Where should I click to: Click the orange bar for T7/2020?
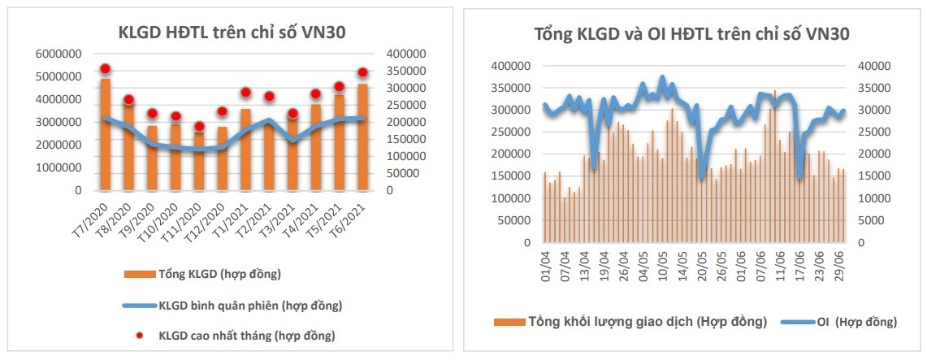pyautogui.click(x=106, y=135)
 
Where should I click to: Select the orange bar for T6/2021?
pyautogui.click(x=363, y=137)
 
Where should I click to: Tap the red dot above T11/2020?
pyautogui.click(x=199, y=126)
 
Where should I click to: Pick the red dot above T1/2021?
pyautogui.click(x=246, y=93)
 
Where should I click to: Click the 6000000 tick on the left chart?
pyautogui.click(x=60, y=54)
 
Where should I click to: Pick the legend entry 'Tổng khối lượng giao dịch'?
pyautogui.click(x=646, y=321)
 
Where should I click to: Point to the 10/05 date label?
pyautogui.click(x=662, y=262)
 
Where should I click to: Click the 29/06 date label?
pyautogui.click(x=841, y=262)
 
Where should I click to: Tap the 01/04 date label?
pyautogui.click(x=546, y=262)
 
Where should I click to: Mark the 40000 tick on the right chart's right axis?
pyautogui.click(x=873, y=66)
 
